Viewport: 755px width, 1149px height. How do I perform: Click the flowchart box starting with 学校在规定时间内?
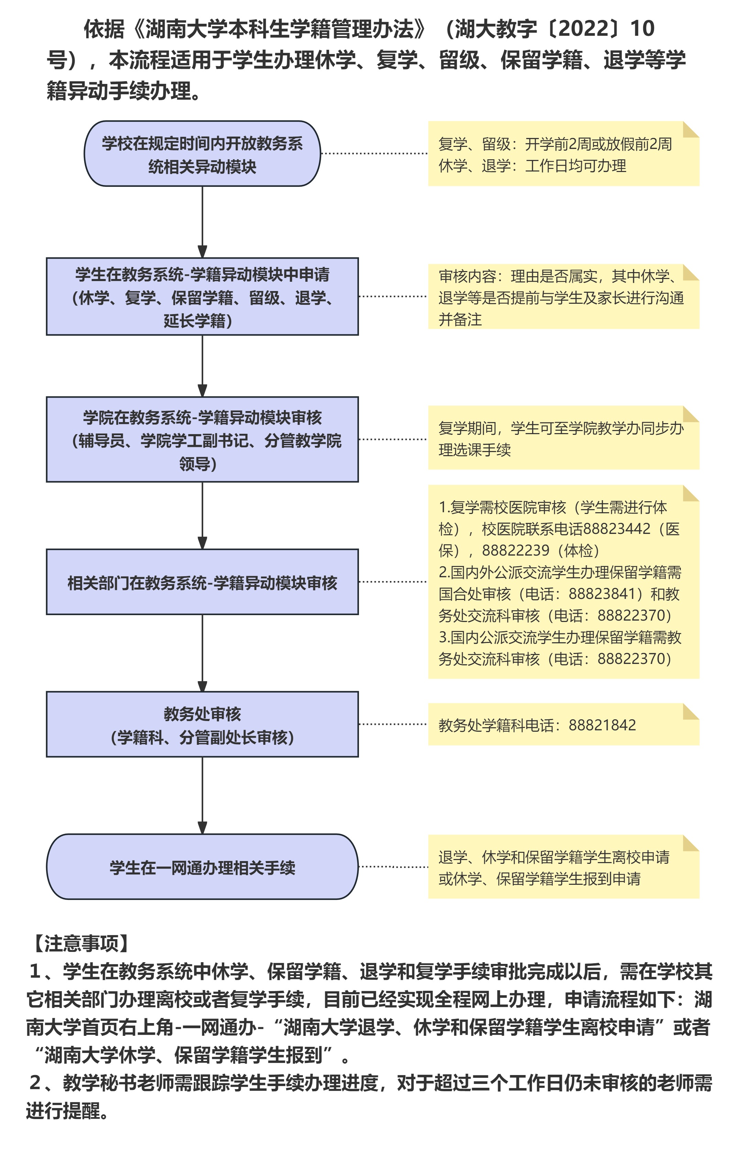pyautogui.click(x=202, y=153)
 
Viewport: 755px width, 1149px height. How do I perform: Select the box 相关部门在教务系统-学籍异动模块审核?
pyautogui.click(x=202, y=582)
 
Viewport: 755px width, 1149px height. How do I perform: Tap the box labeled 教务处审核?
pyautogui.click(x=202, y=724)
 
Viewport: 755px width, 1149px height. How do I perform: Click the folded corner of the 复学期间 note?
pyautogui.click(x=691, y=414)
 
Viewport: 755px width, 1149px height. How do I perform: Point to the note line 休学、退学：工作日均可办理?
pyautogui.click(x=532, y=166)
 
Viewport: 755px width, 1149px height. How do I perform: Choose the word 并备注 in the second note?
pyautogui.click(x=460, y=320)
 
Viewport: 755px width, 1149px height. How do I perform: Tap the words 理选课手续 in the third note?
pyautogui.click(x=474, y=450)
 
